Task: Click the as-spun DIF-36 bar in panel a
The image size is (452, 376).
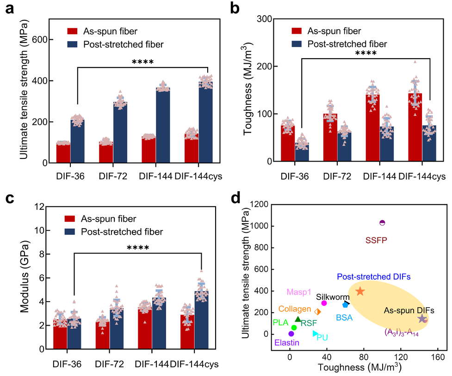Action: pos(63,153)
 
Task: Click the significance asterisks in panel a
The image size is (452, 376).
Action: pos(142,61)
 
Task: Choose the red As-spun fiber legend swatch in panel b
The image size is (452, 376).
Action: pos(297,30)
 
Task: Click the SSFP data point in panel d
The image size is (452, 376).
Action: pos(382,223)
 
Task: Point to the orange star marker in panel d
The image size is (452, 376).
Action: pos(360,291)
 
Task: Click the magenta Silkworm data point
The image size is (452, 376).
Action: pos(324,303)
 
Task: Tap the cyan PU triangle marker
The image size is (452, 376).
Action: pos(315,334)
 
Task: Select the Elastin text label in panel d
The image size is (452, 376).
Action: pos(287,343)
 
